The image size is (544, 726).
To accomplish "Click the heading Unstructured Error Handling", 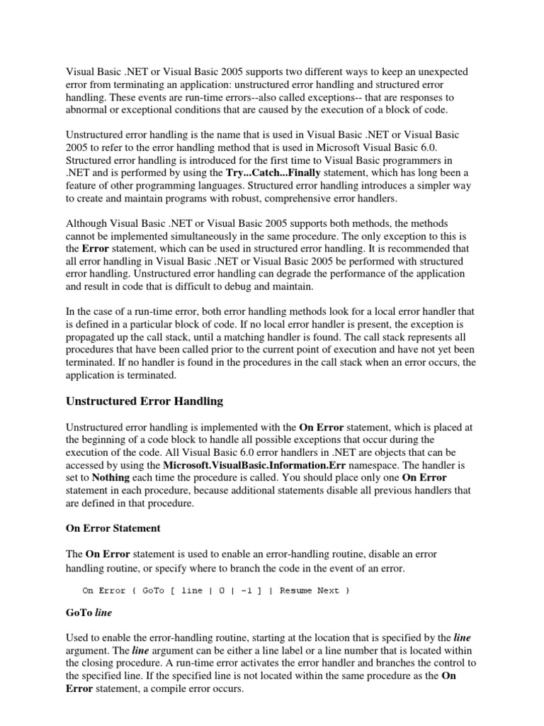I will pyautogui.click(x=144, y=401).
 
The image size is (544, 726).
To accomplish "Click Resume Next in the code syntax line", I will pyautogui.click(x=310, y=591).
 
